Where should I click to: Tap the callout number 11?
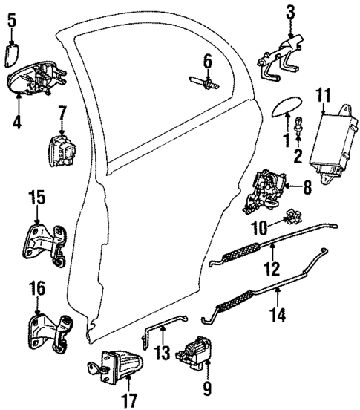[x=321, y=95]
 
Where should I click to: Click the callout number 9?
[x=206, y=387]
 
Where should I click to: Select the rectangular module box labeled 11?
[x=330, y=143]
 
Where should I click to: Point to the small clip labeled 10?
[x=294, y=217]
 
